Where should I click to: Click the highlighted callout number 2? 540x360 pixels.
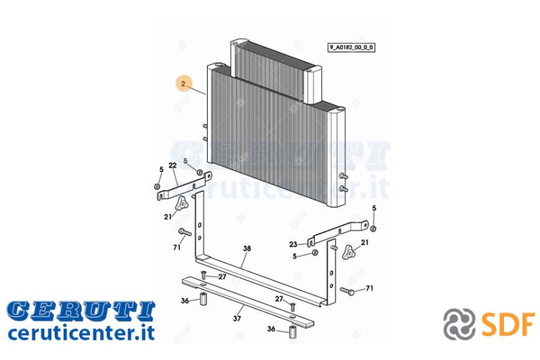(x=183, y=84)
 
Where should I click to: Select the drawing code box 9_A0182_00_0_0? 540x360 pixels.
(x=351, y=48)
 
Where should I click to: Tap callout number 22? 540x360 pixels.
(x=172, y=165)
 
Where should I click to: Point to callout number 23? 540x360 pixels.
(x=293, y=244)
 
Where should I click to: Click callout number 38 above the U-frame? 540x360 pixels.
(x=247, y=249)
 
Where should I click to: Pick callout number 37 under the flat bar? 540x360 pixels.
(x=237, y=318)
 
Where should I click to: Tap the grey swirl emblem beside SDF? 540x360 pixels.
(x=460, y=324)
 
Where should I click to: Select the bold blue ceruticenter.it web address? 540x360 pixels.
(x=81, y=333)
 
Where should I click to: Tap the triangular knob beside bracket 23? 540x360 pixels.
(x=348, y=252)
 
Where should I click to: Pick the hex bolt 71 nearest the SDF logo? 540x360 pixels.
(x=348, y=291)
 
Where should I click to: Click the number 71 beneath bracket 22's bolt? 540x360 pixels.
(x=177, y=247)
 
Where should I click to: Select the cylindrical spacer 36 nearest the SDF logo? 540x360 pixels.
(x=293, y=332)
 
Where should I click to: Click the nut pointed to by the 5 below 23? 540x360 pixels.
(x=314, y=253)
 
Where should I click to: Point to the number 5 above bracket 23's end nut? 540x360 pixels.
(x=375, y=208)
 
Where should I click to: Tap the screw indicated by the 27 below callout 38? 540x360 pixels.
(x=203, y=275)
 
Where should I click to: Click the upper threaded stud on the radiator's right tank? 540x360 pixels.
(x=343, y=176)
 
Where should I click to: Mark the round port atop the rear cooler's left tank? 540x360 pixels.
(x=235, y=43)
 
